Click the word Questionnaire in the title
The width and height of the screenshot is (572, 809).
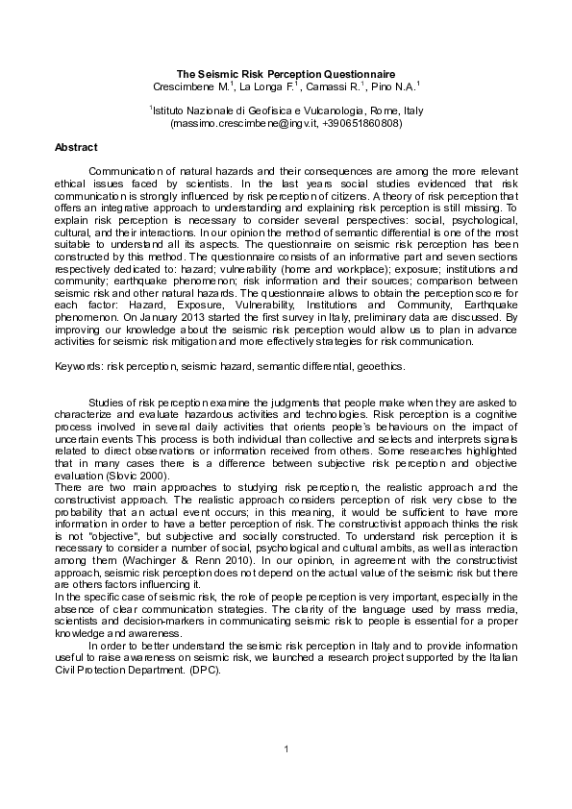[353, 74]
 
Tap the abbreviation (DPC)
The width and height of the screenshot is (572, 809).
[204, 669]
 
